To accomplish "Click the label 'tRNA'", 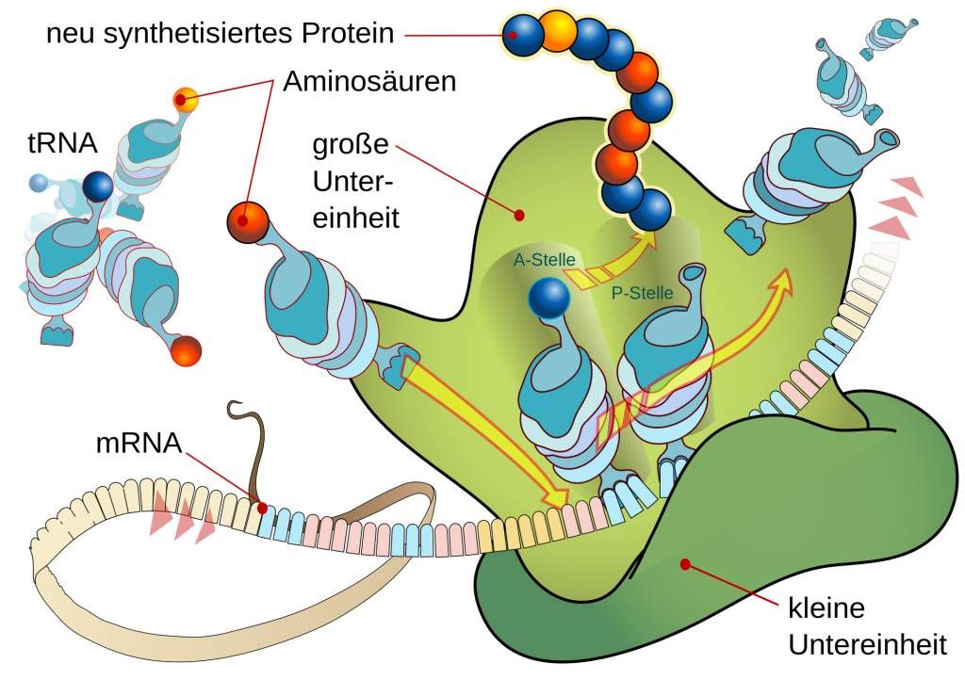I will (61, 144).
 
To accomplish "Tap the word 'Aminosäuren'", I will (369, 83).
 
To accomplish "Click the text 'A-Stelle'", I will (544, 260).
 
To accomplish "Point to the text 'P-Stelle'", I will (643, 293).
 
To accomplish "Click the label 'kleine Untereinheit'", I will (866, 626).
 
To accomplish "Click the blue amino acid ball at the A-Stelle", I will (548, 298).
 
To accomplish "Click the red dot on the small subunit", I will (685, 564).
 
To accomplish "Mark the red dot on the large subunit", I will (519, 216).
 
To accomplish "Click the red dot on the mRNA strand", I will (262, 507).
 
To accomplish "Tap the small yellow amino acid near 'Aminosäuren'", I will (186, 98).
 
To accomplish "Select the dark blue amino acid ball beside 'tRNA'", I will (97, 187).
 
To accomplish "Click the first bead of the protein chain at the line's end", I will (523, 36).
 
